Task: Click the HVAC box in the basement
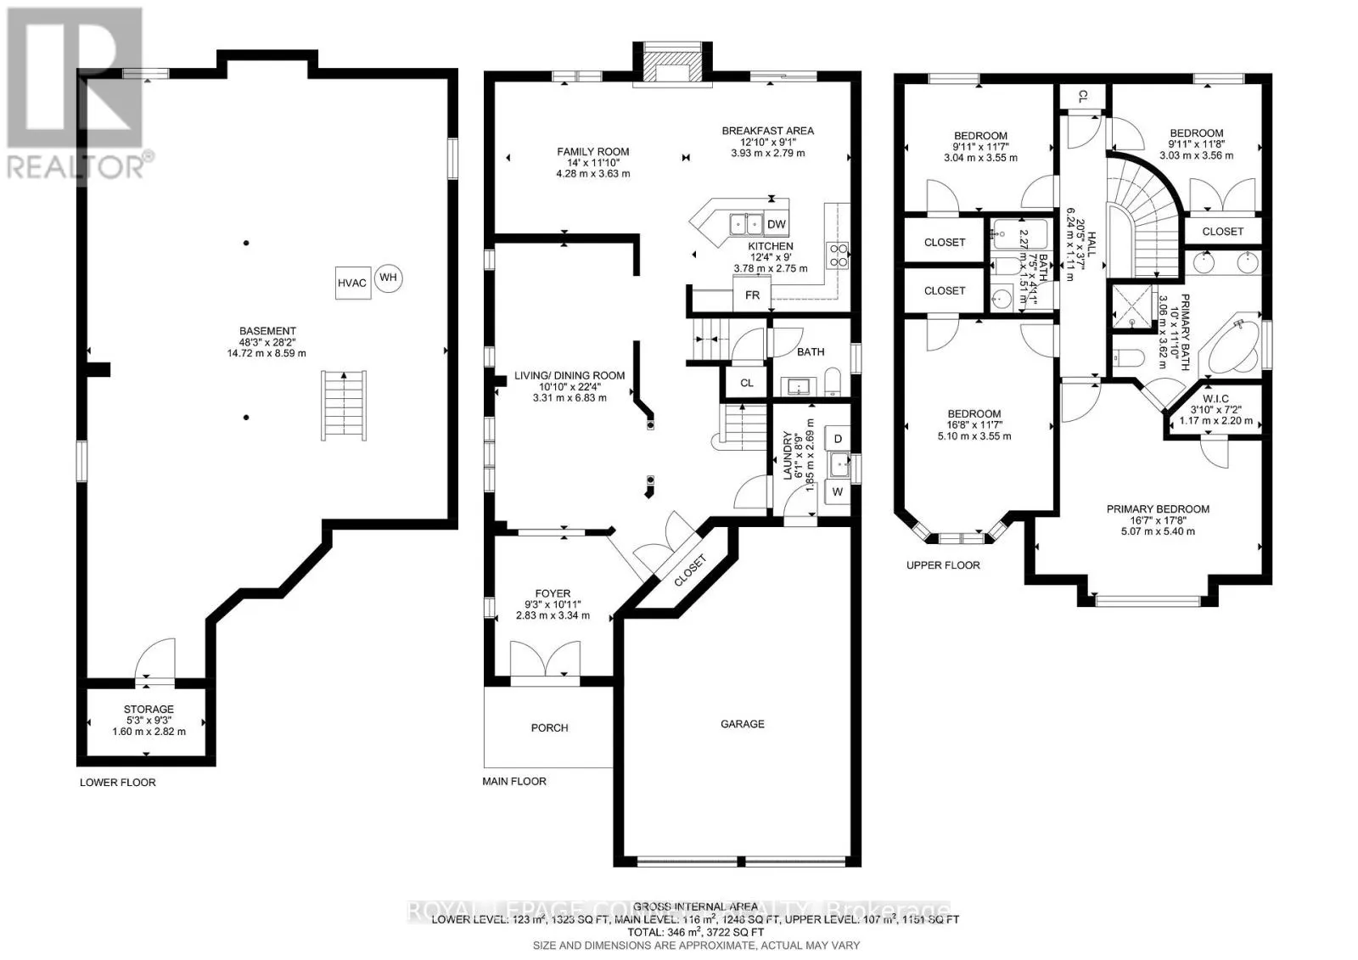(351, 283)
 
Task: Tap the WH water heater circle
(388, 278)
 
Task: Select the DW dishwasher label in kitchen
(776, 224)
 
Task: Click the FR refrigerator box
(752, 295)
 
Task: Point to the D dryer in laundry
(838, 439)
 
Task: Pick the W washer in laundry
(838, 491)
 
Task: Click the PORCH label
(549, 727)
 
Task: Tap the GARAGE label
(742, 724)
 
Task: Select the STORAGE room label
(149, 709)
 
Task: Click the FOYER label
(553, 593)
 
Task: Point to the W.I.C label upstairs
(1215, 398)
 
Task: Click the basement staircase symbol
(343, 405)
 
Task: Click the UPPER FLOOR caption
(942, 564)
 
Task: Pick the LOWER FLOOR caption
(117, 782)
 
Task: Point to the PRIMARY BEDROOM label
(1158, 509)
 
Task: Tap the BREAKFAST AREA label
(767, 131)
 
